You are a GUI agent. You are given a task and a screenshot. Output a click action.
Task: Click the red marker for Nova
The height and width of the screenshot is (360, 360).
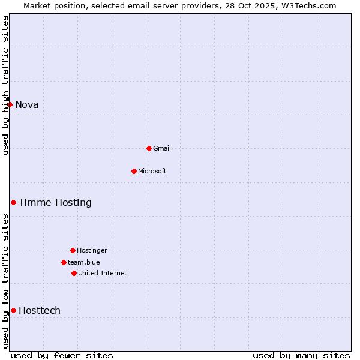[x=10, y=105]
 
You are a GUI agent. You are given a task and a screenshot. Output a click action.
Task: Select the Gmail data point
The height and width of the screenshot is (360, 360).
[x=149, y=148]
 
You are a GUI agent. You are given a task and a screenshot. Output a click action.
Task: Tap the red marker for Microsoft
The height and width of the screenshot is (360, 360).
[x=134, y=171]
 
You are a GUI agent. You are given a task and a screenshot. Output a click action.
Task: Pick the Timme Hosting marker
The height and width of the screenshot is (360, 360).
[x=13, y=202]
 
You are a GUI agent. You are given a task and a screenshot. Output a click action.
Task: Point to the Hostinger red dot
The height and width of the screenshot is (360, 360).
[x=73, y=250]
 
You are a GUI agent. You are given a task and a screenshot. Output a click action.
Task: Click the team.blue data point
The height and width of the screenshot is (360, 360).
[x=64, y=262]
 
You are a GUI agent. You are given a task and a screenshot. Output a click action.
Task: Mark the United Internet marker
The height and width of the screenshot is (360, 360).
[x=74, y=273]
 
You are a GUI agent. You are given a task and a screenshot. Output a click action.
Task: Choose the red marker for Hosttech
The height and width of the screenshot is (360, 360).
[x=13, y=310]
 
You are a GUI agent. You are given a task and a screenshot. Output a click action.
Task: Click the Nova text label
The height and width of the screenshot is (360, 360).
[x=27, y=105]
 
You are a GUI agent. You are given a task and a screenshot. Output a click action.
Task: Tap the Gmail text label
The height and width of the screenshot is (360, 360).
[x=162, y=148]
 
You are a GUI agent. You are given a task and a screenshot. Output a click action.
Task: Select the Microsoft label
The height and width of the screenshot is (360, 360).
[x=152, y=171]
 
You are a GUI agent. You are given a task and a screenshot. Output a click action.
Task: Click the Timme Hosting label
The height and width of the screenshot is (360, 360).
[x=55, y=203]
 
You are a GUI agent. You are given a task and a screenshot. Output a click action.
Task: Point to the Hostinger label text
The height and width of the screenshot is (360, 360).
[x=92, y=250]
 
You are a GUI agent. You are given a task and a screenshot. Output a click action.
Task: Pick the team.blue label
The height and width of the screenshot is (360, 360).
[x=84, y=262]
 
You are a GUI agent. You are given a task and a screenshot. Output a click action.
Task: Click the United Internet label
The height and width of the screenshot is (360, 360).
[x=103, y=273]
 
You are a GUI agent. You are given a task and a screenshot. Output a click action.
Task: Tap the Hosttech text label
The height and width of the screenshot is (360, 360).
[x=40, y=310]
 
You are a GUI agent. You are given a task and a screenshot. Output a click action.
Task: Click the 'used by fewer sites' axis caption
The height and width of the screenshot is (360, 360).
[x=62, y=356]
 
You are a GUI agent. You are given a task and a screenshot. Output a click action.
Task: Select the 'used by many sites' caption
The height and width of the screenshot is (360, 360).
[x=301, y=356]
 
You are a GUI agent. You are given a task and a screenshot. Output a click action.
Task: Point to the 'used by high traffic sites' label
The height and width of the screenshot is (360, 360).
[x=5, y=85]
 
